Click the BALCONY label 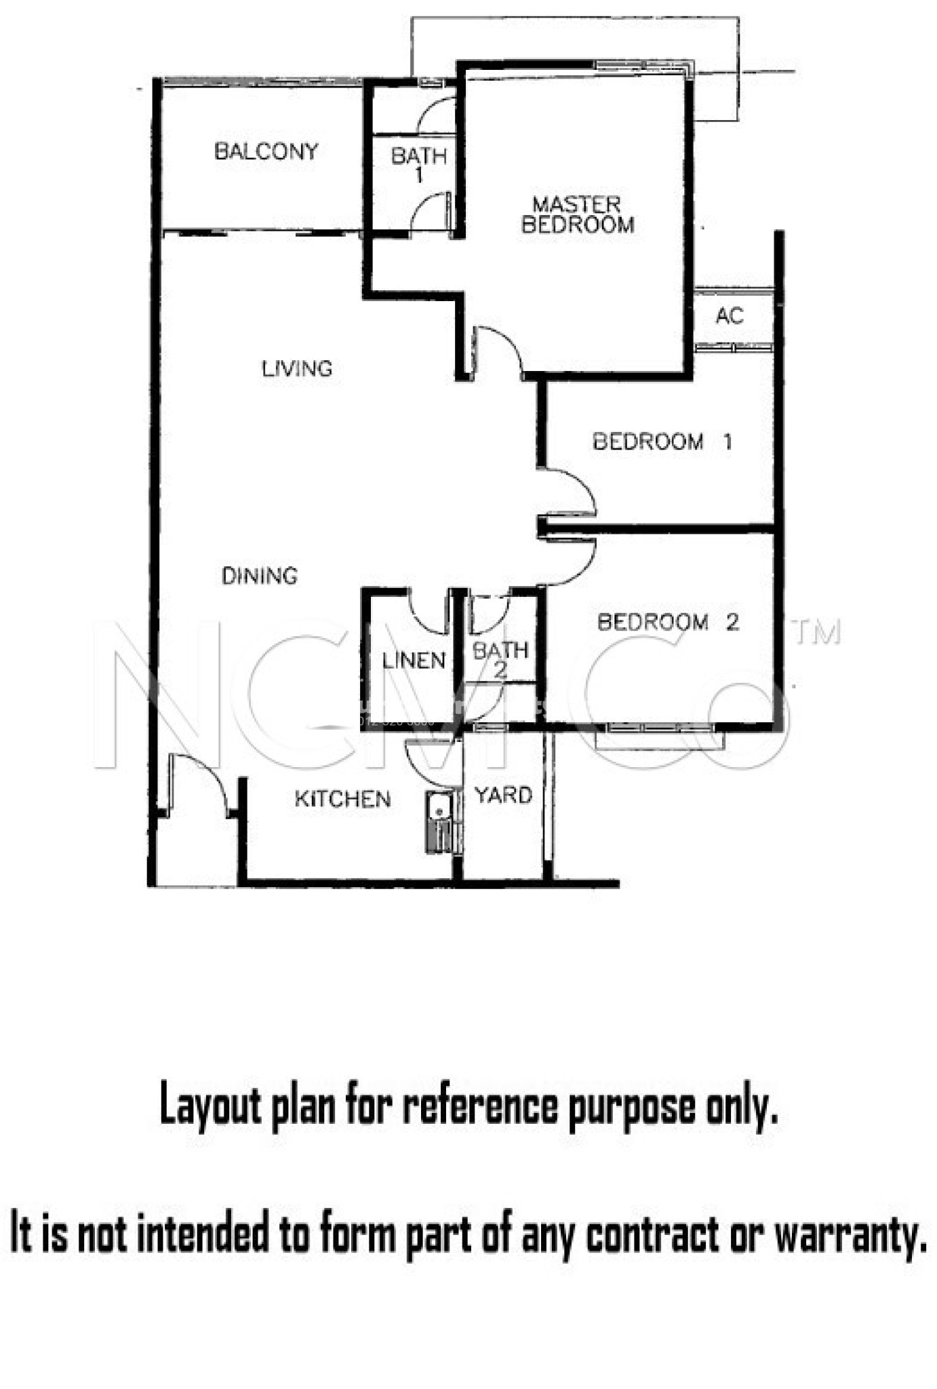[x=266, y=151]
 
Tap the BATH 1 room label [x=418, y=165]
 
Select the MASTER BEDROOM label [x=577, y=214]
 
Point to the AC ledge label [x=729, y=316]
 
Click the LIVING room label [x=297, y=369]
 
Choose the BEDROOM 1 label [x=662, y=442]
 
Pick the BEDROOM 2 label [x=667, y=622]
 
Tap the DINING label [x=260, y=576]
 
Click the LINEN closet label [x=413, y=660]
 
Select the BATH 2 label [x=500, y=659]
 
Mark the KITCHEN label [x=342, y=799]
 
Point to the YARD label [x=503, y=795]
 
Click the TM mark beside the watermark [x=818, y=633]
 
